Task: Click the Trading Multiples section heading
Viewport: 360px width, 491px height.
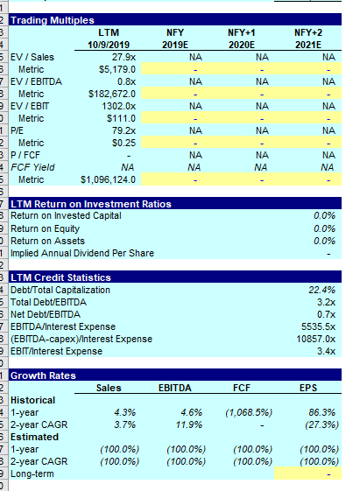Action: click(x=52, y=20)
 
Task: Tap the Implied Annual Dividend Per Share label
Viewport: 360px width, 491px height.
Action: click(x=81, y=253)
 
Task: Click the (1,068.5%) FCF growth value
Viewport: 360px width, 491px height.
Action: click(x=249, y=411)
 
